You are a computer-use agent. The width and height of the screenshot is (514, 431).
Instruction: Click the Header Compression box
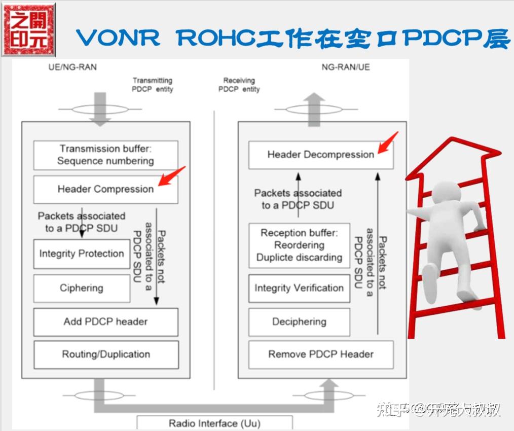click(x=105, y=189)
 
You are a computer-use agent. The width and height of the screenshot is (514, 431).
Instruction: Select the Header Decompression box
click(x=320, y=155)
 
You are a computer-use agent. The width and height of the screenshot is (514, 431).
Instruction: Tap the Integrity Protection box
click(x=82, y=254)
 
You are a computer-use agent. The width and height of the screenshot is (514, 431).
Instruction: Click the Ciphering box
click(x=82, y=288)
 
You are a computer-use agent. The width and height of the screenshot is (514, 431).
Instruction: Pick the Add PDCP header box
click(x=105, y=321)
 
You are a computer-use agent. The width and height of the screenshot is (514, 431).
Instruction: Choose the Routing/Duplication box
click(x=105, y=354)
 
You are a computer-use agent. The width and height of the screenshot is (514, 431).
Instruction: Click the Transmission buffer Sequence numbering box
click(x=105, y=155)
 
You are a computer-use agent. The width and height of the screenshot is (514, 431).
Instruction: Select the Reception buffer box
click(x=299, y=245)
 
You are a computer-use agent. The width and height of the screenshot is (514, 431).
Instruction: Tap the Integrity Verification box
click(x=299, y=288)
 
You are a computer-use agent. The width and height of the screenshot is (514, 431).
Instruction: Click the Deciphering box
click(x=299, y=321)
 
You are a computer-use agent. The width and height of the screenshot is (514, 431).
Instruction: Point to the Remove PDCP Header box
click(x=320, y=354)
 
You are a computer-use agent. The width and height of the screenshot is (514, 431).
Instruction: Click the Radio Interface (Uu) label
click(x=214, y=423)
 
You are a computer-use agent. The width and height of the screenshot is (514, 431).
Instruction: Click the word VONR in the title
click(x=118, y=38)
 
